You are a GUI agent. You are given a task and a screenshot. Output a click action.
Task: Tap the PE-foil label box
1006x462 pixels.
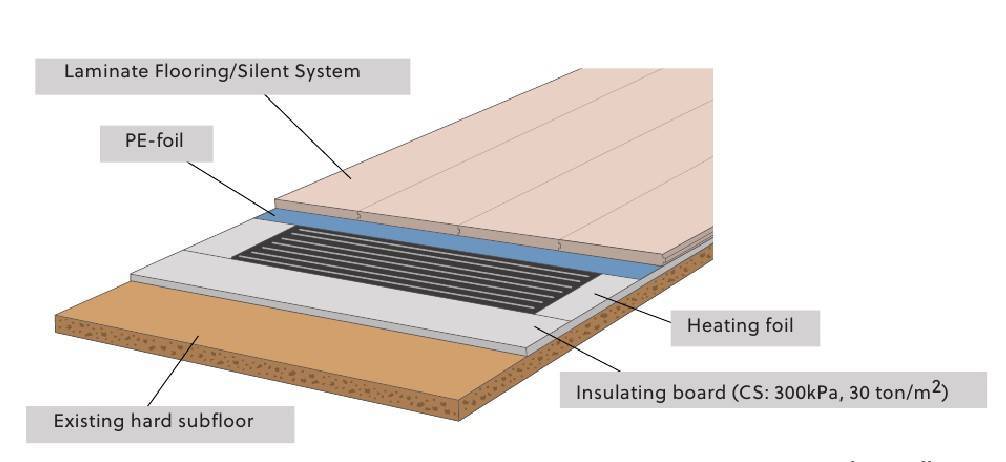coord(155,144)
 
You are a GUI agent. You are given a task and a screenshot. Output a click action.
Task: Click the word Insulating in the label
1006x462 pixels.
coord(617,392)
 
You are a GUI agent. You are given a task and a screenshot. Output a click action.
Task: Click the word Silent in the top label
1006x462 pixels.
coord(259,72)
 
